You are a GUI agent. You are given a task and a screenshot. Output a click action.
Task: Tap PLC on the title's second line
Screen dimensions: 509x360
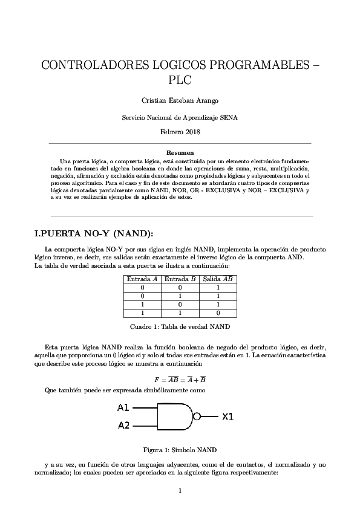pos(180,80)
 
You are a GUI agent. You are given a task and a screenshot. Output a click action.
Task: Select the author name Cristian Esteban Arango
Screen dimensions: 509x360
pos(180,100)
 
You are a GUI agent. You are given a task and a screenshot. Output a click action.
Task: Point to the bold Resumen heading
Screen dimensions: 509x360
pos(180,153)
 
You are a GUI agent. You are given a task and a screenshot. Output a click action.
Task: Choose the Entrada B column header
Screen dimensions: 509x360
pos(180,279)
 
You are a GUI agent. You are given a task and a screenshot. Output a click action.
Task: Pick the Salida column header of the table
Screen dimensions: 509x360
pos(218,279)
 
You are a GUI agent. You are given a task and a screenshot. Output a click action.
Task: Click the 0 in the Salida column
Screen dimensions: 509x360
pos(218,314)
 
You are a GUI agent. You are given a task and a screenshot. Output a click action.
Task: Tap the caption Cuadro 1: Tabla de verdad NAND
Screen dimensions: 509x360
pos(180,326)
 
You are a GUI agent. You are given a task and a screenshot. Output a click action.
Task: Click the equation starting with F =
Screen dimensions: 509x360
pos(180,380)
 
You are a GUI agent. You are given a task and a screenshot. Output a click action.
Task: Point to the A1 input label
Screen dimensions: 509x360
pos(123,407)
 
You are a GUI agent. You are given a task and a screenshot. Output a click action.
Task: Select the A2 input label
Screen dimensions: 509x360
pos(123,425)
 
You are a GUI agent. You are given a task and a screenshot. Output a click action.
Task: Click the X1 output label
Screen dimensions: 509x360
pos(227,417)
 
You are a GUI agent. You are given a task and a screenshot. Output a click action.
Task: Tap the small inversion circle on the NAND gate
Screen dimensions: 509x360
pos(196,417)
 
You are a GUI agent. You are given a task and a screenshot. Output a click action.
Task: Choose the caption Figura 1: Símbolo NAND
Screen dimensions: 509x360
pos(180,450)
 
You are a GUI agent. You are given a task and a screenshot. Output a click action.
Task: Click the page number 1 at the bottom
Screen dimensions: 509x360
pos(180,490)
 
